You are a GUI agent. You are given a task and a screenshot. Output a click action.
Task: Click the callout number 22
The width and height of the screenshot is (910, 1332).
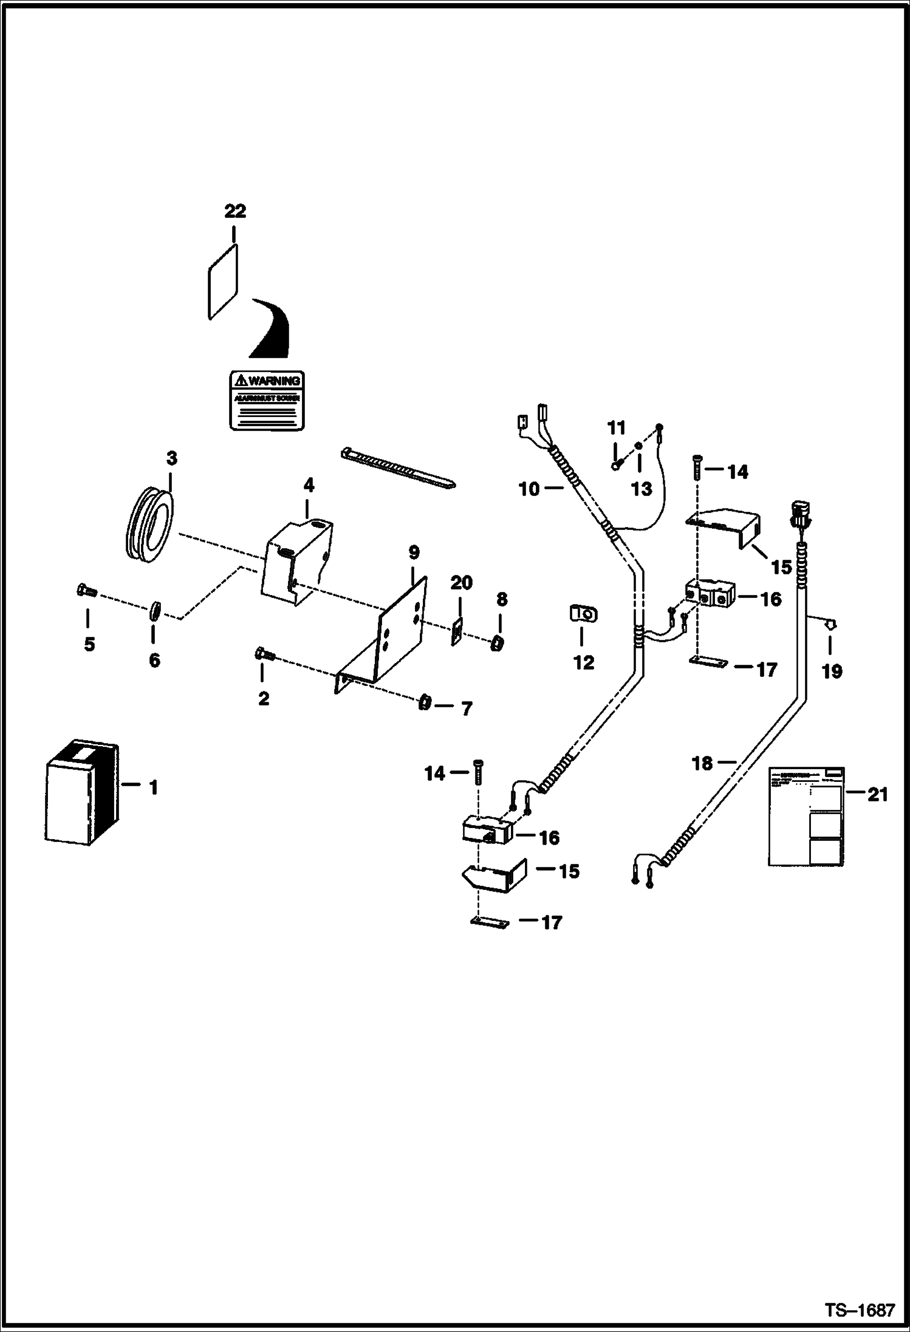point(235,211)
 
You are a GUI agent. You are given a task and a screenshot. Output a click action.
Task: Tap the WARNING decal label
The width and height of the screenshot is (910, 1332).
point(267,401)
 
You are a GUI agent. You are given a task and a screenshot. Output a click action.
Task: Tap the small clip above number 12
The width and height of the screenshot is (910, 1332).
point(584,614)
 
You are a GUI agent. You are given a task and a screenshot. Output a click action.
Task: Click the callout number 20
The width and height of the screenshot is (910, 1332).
point(461,583)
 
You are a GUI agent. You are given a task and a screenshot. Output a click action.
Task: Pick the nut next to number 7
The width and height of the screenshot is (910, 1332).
point(425,703)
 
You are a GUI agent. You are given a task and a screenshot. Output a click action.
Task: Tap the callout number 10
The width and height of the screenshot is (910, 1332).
point(529,489)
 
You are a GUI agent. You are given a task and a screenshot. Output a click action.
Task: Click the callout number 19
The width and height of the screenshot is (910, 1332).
point(832,671)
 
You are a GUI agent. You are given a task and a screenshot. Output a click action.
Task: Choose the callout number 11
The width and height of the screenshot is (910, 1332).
point(616,429)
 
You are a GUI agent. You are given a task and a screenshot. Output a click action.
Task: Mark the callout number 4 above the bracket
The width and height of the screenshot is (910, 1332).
point(309,485)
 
